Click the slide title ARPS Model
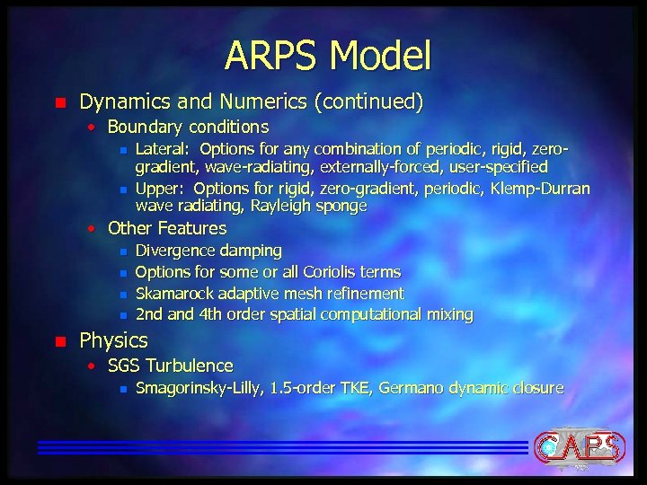328,55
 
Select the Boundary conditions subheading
188,128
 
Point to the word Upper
159,189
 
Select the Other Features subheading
166,228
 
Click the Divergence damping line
208,250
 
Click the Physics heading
113,340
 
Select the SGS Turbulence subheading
170,366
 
